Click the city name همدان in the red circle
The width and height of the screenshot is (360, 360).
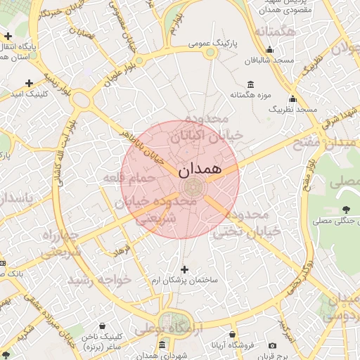point(200,169)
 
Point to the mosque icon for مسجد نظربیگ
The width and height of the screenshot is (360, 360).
point(292,98)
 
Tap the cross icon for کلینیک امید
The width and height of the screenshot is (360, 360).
point(29,83)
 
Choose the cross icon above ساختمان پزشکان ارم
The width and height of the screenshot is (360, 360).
point(185,269)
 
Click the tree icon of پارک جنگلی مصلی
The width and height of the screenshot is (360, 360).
point(346,210)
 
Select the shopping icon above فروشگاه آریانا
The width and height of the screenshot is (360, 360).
point(233,335)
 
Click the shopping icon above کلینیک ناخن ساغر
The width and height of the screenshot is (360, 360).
point(103,326)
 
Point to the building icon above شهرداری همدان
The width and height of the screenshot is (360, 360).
point(162,345)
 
